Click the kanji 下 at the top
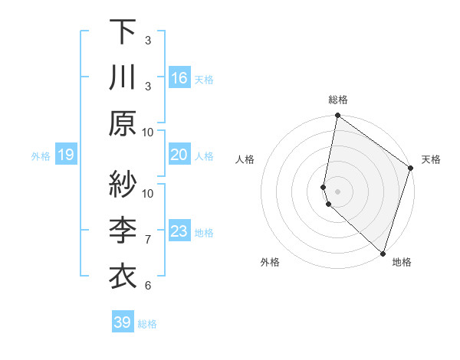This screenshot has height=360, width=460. [x=123, y=33]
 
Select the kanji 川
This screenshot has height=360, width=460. [x=123, y=77]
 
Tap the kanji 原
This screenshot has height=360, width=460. [x=123, y=123]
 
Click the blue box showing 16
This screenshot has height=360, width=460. [x=179, y=78]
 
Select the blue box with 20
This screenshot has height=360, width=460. [x=179, y=155]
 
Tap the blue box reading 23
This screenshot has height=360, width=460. [x=179, y=231]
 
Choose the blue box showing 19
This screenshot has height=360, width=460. [x=66, y=155]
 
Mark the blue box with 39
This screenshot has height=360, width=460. [x=123, y=322]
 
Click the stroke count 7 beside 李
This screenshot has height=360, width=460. [x=148, y=240]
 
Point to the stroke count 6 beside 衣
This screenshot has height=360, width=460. [x=148, y=286]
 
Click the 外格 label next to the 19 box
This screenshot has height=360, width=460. [x=41, y=156]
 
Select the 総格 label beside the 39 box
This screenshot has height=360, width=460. [x=148, y=324]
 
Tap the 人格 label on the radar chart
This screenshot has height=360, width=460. [x=245, y=160]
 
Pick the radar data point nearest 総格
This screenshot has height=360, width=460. [x=337, y=116]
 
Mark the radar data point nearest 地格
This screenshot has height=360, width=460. [x=382, y=252]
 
